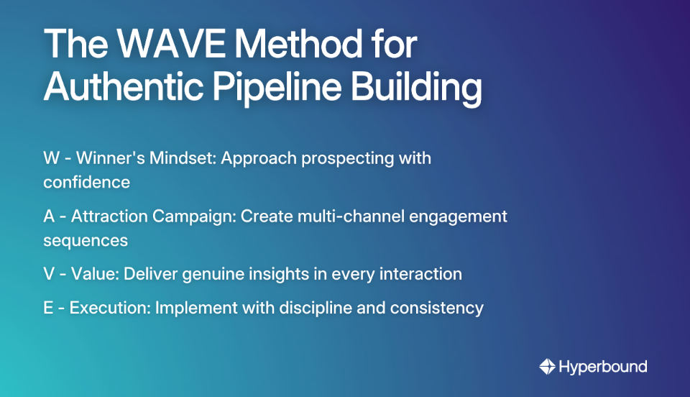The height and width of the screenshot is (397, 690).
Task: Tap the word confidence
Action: (x=86, y=182)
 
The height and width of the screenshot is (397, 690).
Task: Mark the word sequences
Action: (x=86, y=240)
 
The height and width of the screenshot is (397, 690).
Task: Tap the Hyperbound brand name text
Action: (x=603, y=367)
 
